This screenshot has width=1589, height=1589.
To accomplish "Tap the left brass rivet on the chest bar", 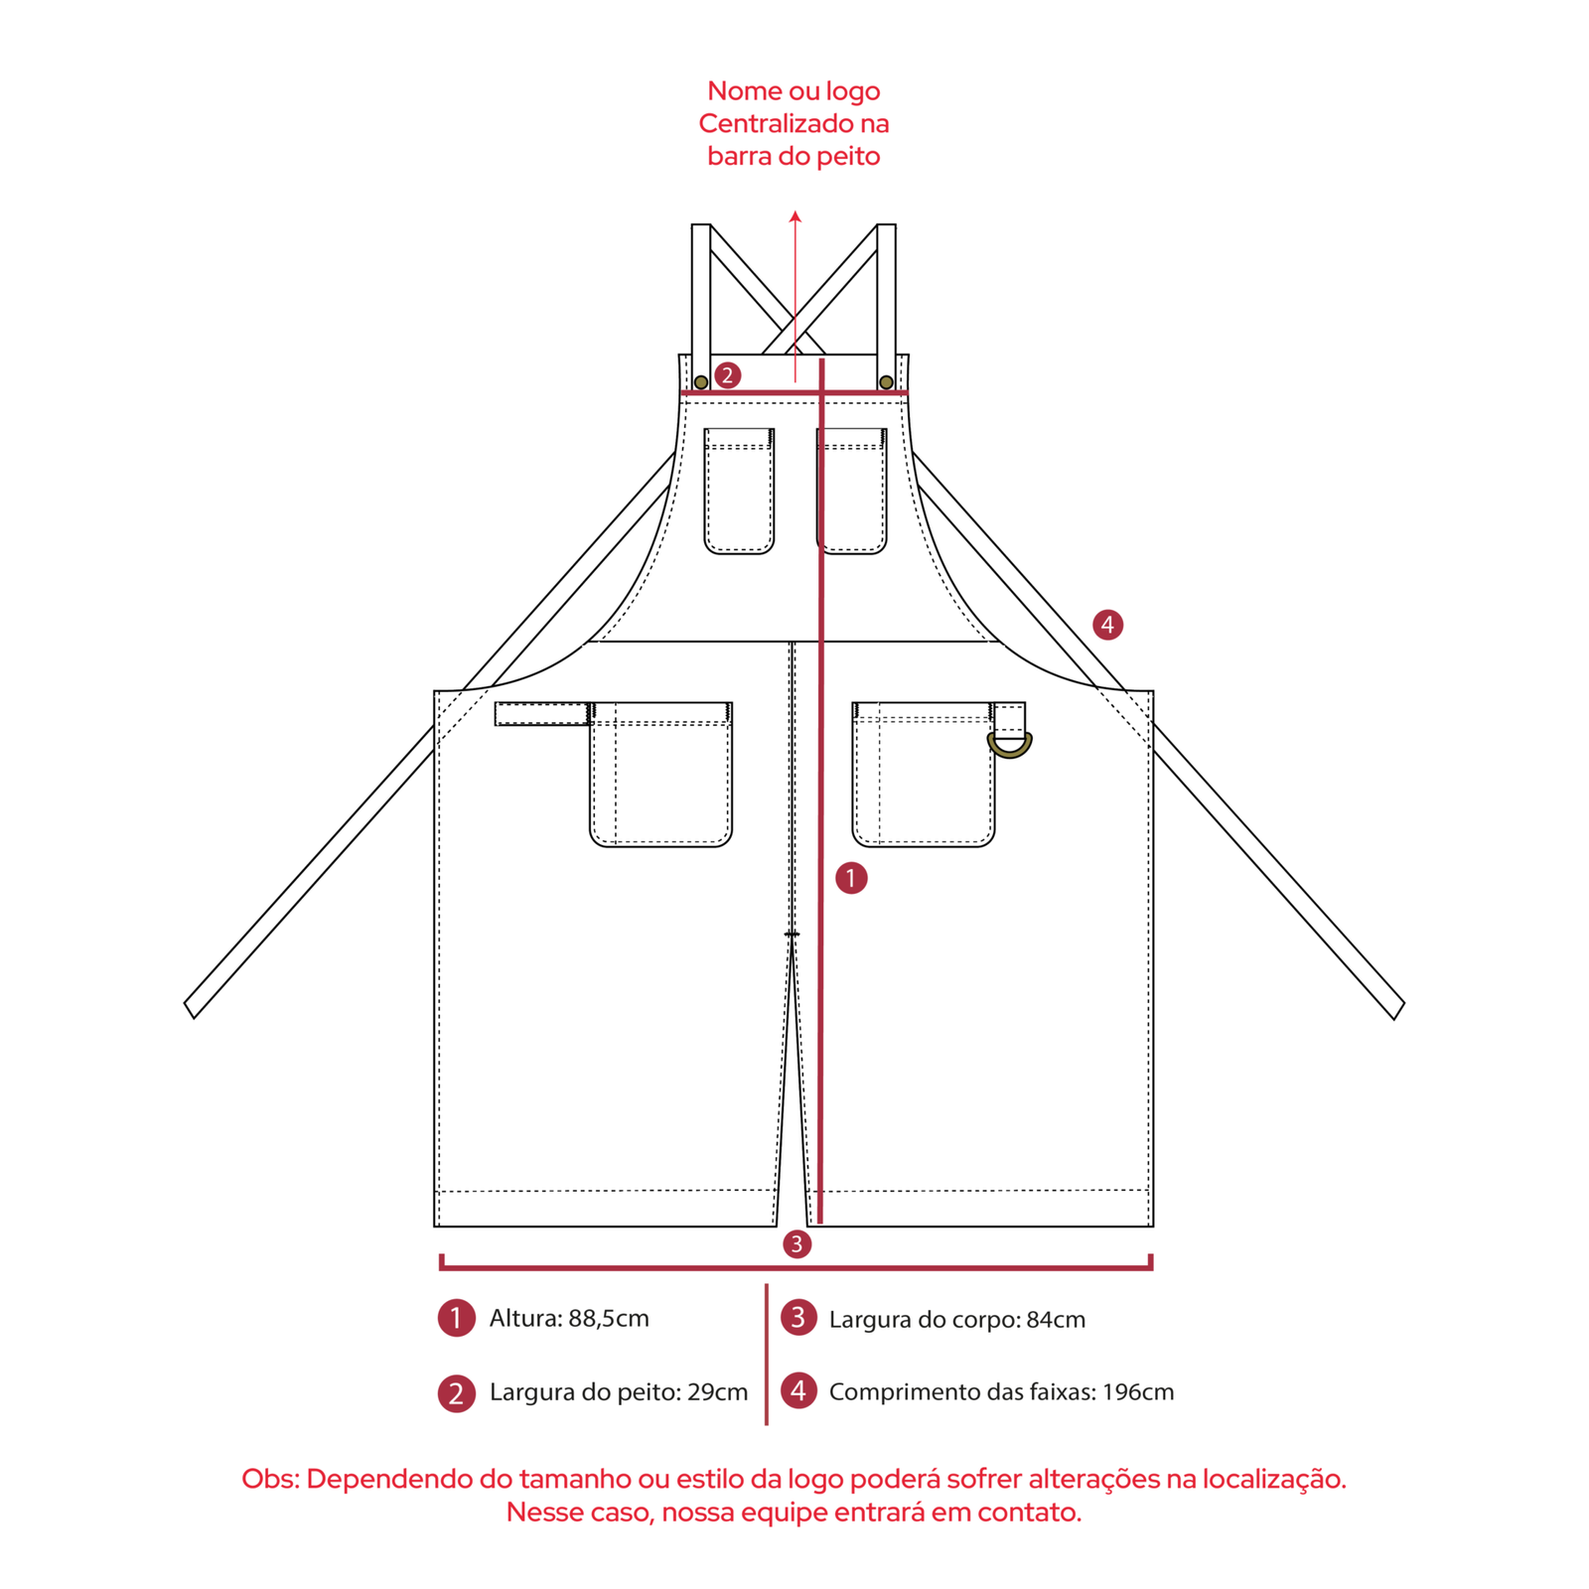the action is (701, 382).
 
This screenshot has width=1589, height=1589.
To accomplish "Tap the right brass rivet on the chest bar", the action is (886, 382).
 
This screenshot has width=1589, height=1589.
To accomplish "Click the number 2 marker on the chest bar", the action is (728, 375).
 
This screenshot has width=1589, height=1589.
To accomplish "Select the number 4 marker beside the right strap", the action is (1107, 625).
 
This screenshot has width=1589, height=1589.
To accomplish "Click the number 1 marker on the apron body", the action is (851, 878).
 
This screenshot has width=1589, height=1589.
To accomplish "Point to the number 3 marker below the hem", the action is (796, 1243).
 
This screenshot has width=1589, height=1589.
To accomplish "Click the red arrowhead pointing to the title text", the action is (795, 217).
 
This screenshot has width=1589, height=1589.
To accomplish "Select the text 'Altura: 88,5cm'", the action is (569, 1318).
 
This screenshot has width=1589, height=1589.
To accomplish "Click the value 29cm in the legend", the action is (718, 1391).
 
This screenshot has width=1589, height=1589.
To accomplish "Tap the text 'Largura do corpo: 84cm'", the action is (957, 1319).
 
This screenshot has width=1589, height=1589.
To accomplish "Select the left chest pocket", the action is (739, 491).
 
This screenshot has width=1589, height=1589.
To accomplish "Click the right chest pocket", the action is (852, 491).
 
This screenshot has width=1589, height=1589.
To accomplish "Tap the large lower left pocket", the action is (661, 774).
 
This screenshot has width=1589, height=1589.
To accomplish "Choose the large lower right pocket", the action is (924, 774).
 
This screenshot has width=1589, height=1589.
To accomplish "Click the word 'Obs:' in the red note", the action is (271, 1479).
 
